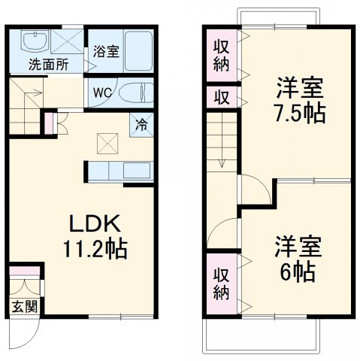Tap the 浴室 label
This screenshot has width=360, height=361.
click(105, 53)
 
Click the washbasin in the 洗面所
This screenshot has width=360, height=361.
click(34, 41)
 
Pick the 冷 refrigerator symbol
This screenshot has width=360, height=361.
click(141, 125)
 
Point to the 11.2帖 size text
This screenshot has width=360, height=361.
click(95, 248)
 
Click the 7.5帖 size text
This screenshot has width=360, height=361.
click(298, 115)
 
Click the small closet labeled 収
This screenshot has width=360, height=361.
click(222, 98)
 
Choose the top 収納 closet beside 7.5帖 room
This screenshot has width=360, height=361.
click(222, 54)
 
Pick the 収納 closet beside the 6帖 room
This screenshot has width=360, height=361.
click(220, 283)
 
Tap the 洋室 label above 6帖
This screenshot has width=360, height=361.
click(298, 245)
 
